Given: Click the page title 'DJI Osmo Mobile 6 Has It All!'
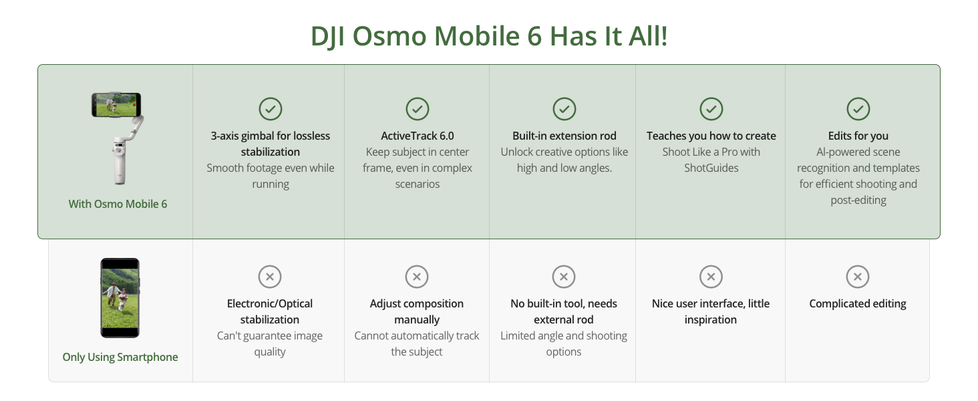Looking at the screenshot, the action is click(x=489, y=36).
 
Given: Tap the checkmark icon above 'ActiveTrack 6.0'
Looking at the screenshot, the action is click(x=418, y=109).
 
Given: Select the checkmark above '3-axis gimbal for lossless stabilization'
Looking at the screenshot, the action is click(x=271, y=109).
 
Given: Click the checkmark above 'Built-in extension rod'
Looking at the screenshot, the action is click(x=564, y=109).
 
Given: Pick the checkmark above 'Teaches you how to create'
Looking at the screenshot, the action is click(x=711, y=109).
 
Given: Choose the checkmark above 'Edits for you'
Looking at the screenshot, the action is click(x=858, y=109).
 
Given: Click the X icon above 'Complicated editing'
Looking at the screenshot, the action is click(x=858, y=277).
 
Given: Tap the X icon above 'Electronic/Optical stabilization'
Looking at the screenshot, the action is click(x=270, y=277).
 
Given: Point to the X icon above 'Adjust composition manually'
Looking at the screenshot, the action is click(x=417, y=277).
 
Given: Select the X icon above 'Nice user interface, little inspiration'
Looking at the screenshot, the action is click(x=711, y=277).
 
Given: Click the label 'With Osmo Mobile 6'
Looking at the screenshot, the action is click(x=118, y=204).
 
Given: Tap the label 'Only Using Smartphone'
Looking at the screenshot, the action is click(x=120, y=357).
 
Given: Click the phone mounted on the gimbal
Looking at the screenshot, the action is click(x=116, y=105).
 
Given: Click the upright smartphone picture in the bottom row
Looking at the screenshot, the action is click(x=120, y=298).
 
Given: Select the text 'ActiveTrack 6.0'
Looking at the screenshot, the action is click(x=418, y=136).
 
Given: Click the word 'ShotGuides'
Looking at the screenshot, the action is click(x=711, y=168).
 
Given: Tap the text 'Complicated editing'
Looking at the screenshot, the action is click(x=858, y=303).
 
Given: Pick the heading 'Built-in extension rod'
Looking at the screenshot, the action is click(x=564, y=136).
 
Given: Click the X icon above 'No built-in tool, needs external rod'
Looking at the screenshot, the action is click(x=564, y=277).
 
